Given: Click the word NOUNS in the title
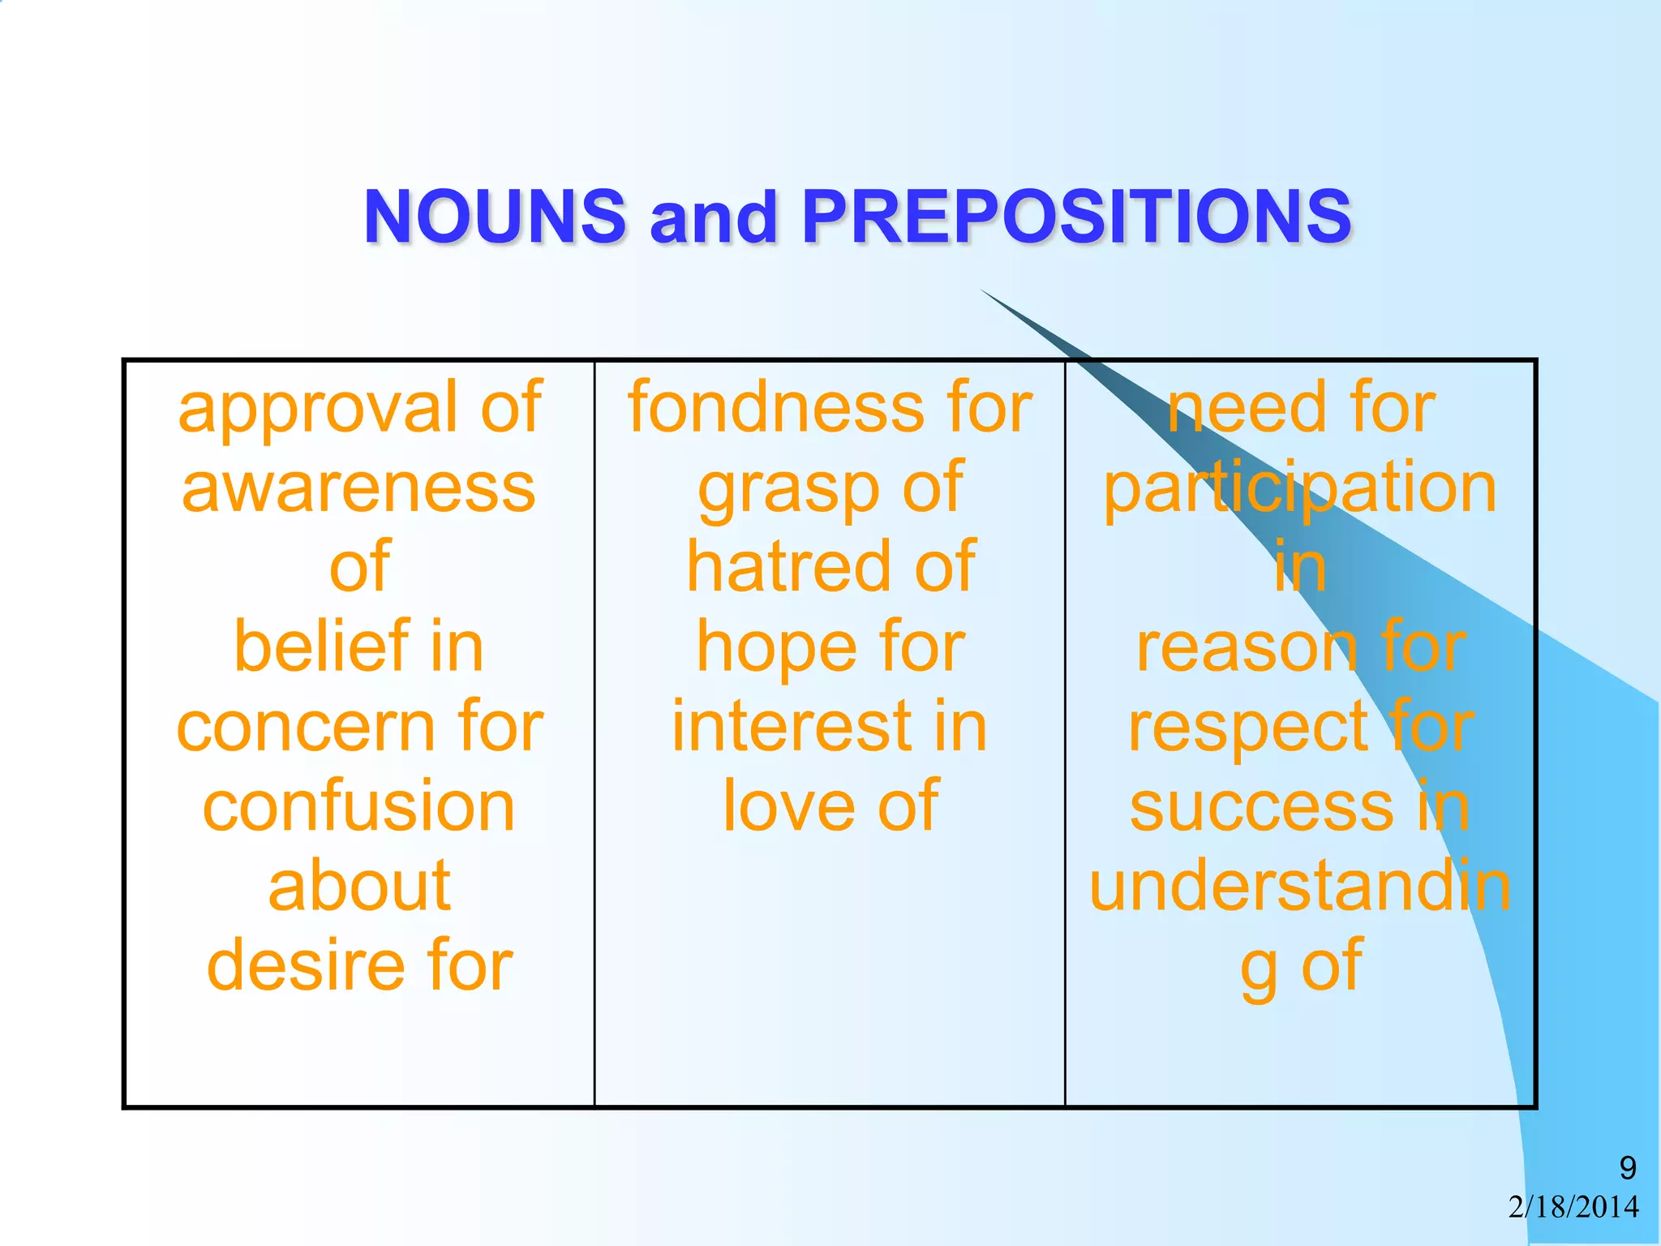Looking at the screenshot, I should [x=495, y=217].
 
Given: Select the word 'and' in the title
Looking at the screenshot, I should [x=713, y=218].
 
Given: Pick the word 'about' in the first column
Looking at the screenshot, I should [x=359, y=885].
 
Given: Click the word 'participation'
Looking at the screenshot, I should [x=1299, y=489].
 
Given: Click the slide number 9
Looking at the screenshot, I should [x=1627, y=1168].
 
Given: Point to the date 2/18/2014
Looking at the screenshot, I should [x=1573, y=1207].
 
